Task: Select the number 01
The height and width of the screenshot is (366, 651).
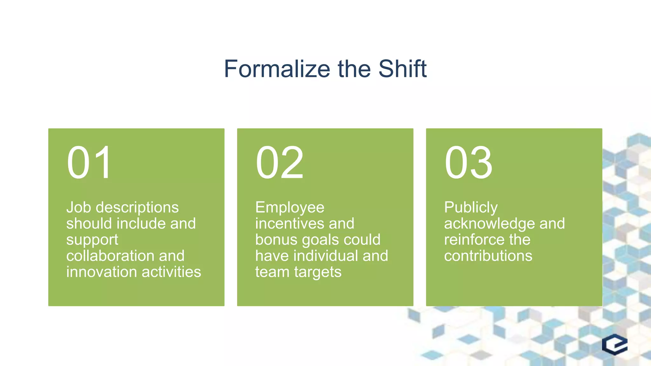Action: (89, 163)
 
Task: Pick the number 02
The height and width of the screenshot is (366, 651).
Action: (279, 163)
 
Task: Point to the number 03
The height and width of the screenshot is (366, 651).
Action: (468, 163)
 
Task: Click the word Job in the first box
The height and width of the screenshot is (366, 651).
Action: (79, 207)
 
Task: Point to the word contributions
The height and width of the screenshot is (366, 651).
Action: (488, 256)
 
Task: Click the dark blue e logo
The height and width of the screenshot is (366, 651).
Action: (614, 344)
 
